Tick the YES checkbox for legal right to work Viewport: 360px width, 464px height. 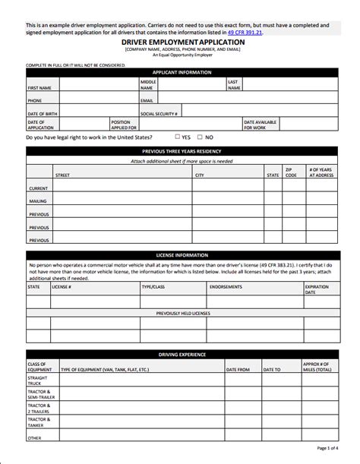coord(177,137)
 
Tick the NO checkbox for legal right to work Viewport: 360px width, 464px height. coord(200,137)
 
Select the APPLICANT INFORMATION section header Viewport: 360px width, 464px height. coord(182,72)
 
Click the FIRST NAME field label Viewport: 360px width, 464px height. coord(39,87)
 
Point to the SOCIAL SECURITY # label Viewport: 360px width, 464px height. coord(159,113)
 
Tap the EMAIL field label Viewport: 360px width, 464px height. coord(147,100)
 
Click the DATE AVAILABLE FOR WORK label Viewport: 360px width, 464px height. coord(260,125)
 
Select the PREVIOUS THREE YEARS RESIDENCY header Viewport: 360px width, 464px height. coord(182,152)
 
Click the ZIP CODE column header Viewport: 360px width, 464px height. coord(291,172)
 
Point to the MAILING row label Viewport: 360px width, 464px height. coord(38,201)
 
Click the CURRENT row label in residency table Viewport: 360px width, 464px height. coord(38,188)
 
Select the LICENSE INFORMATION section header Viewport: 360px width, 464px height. coord(182,254)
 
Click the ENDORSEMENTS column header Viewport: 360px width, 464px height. coord(226,287)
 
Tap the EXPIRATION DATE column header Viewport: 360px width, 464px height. coord(316,289)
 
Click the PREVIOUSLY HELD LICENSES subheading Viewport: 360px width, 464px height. coord(182,313)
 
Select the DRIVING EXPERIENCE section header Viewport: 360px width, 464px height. coord(182,355)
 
